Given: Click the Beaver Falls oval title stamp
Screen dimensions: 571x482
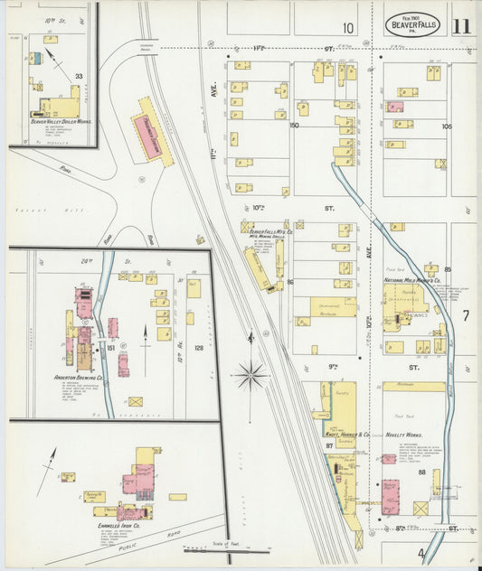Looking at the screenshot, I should [x=412, y=24].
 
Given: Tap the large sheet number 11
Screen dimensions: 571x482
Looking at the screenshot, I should [x=461, y=24].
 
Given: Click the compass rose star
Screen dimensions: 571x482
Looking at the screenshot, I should [x=250, y=373].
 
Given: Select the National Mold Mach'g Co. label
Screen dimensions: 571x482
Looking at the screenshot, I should [x=413, y=281].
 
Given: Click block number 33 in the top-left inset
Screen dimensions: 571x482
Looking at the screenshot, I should [x=79, y=77].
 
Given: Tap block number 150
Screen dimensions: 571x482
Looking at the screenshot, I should [x=294, y=125].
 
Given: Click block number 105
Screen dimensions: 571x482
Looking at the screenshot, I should [x=446, y=126].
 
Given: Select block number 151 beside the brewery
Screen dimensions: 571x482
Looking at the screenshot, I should [x=110, y=348].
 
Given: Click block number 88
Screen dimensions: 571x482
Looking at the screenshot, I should [x=421, y=472].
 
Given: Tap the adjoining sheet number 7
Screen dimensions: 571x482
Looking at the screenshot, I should [x=466, y=315].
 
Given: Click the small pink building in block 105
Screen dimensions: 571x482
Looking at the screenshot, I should [x=395, y=107].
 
